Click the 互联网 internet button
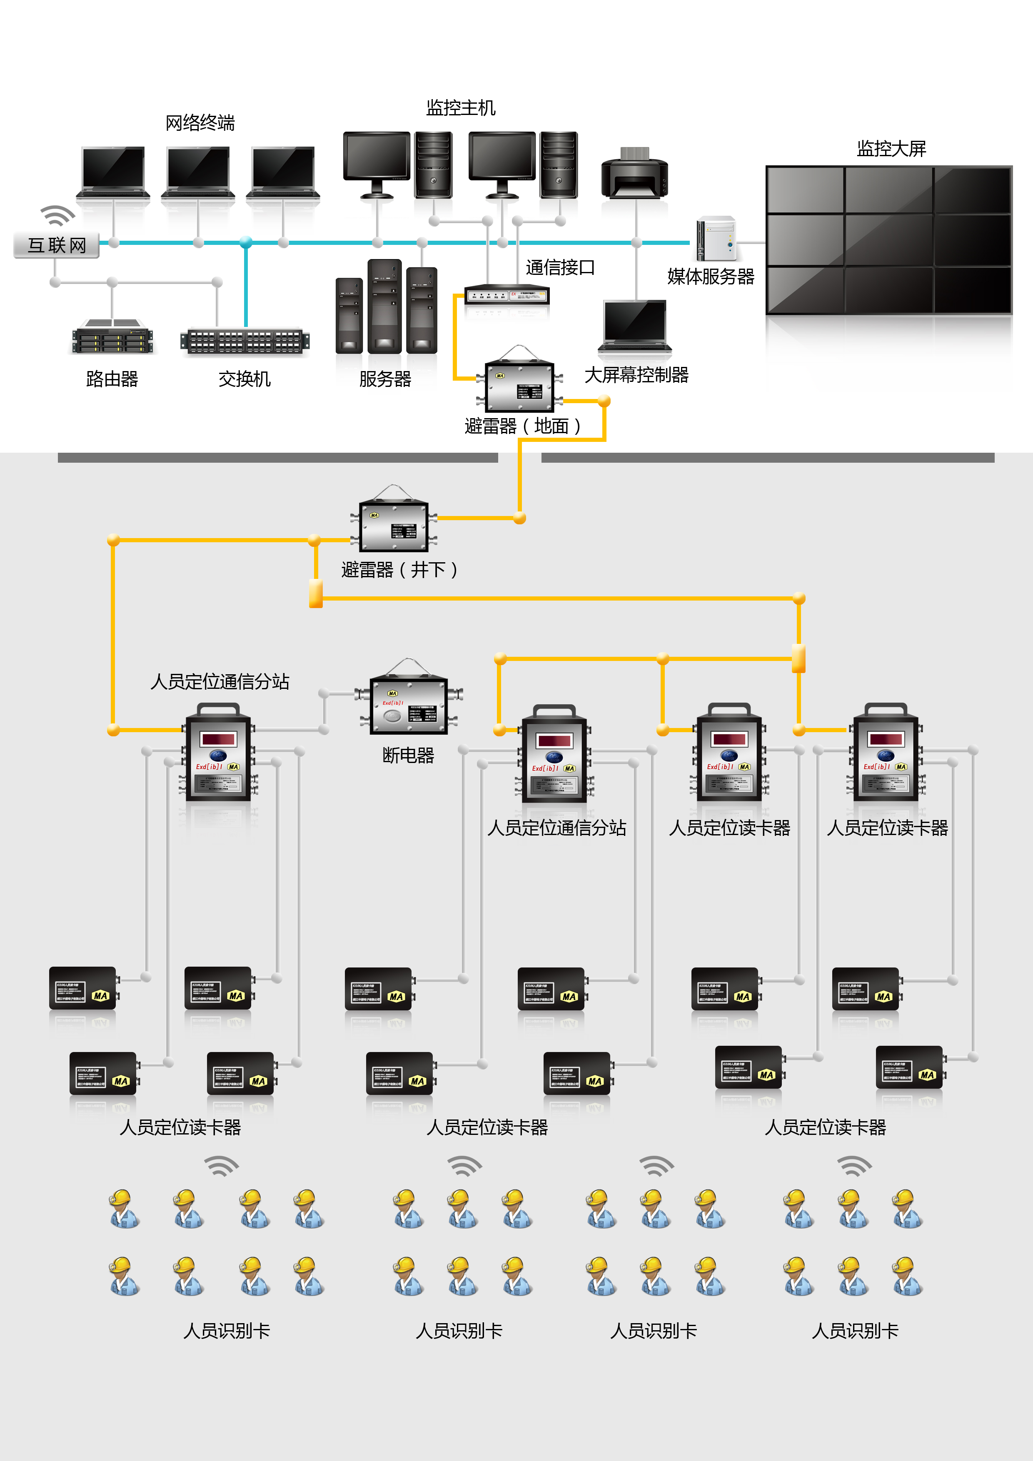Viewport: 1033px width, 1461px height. pos(57,245)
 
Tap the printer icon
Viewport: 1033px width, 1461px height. pos(634,173)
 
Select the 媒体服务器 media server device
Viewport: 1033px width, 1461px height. pos(717,239)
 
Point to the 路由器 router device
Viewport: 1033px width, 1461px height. pos(112,337)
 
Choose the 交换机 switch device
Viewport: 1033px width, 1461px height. pos(245,341)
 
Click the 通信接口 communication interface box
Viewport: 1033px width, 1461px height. pos(507,294)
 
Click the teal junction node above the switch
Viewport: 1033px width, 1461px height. pos(246,242)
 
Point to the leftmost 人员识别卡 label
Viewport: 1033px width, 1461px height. pos(227,1331)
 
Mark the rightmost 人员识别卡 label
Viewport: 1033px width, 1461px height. pos(855,1331)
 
